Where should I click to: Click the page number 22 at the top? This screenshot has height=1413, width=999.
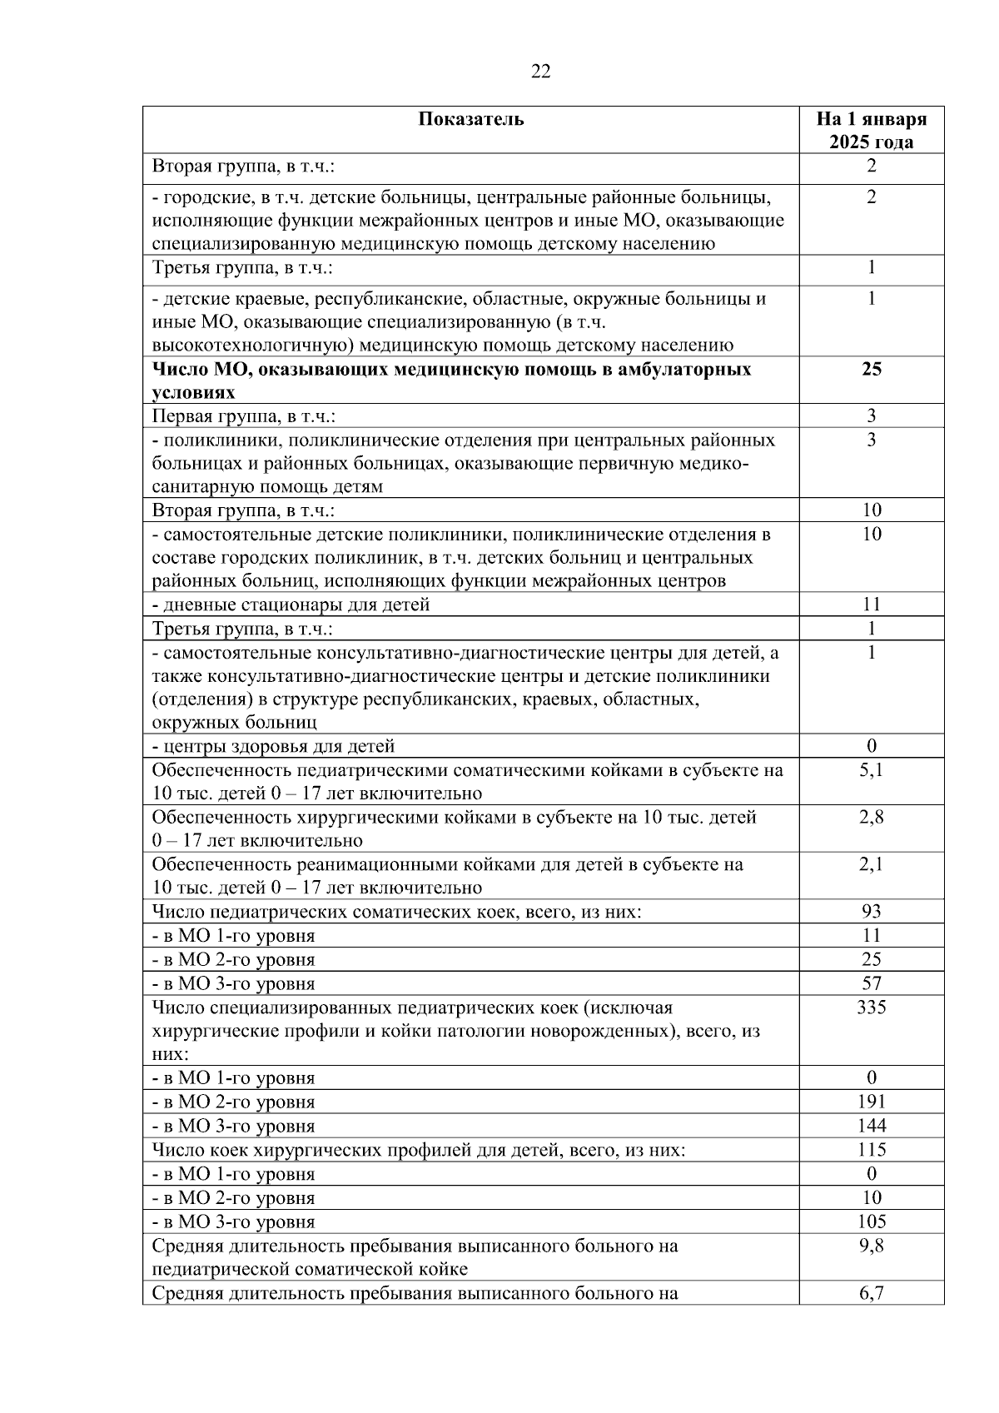point(540,72)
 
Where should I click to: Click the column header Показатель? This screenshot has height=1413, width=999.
point(470,119)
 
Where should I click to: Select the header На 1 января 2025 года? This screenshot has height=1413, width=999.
point(871,130)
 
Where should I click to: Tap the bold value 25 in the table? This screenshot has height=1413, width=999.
point(871,369)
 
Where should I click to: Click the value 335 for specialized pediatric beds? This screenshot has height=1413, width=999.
point(871,1008)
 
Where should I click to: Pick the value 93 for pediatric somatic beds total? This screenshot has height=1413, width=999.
point(871,912)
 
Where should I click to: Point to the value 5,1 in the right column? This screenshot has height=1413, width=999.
point(871,770)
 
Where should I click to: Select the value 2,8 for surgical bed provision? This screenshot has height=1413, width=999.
point(871,818)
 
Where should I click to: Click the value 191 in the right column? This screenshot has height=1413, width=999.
point(871,1102)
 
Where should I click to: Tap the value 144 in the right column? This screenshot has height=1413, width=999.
point(871,1126)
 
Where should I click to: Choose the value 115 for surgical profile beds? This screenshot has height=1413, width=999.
point(871,1150)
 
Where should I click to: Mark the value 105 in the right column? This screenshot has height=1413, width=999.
point(871,1221)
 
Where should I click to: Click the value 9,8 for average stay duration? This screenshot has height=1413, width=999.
point(871,1246)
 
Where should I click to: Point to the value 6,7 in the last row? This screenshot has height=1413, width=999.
point(871,1293)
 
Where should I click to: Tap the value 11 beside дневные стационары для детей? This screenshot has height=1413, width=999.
point(871,605)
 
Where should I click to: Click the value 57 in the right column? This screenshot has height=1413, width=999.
point(871,983)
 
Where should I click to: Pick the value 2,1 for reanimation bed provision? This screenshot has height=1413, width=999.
point(871,865)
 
